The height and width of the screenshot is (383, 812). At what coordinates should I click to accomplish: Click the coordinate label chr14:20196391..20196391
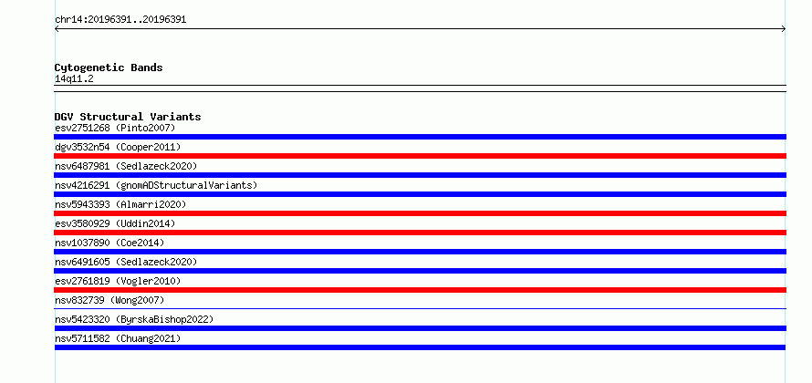coord(120,20)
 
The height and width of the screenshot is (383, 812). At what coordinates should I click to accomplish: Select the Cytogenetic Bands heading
coord(109,67)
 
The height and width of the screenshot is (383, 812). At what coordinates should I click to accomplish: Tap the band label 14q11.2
coord(74,79)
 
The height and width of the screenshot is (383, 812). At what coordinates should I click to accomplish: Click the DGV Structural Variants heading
coord(128,117)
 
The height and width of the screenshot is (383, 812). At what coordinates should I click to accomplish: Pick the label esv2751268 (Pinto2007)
coord(115,128)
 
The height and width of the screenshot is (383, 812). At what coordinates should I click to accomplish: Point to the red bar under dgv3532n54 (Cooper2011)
coord(420,156)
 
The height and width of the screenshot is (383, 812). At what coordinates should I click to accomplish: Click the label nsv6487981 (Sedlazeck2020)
coord(126,166)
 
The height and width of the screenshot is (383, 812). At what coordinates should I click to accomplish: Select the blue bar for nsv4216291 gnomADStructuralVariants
coord(420,194)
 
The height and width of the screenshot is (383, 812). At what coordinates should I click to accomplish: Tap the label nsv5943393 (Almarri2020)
coord(120,204)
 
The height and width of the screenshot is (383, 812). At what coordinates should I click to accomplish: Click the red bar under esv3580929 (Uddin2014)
coord(420,233)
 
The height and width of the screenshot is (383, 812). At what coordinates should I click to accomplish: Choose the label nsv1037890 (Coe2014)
coord(109,243)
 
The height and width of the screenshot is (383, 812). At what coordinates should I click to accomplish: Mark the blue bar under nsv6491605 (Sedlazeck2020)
coord(420,271)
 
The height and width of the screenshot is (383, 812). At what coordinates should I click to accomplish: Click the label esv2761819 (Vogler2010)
coord(118,281)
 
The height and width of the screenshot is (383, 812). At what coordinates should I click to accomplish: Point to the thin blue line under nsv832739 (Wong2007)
coord(420,308)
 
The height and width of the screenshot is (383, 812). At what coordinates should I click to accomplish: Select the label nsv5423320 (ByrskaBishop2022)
coord(134,319)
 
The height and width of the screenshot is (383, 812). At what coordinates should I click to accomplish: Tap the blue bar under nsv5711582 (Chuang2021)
coord(420,347)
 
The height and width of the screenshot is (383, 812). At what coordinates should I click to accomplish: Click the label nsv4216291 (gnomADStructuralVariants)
coord(156,185)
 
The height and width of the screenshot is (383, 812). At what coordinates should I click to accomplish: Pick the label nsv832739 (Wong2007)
coord(109,300)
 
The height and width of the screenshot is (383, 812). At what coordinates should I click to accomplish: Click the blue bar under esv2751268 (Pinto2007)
coord(420,137)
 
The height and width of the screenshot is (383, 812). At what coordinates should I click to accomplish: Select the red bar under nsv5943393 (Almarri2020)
coord(420,213)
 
